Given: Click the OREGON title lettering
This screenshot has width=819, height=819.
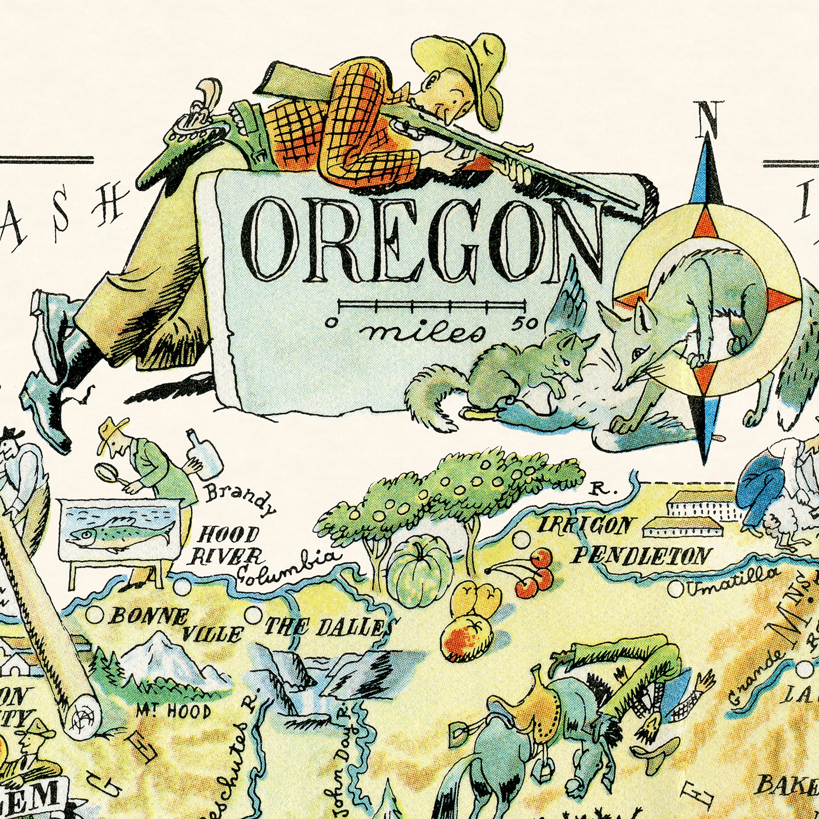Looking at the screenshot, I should (422, 242).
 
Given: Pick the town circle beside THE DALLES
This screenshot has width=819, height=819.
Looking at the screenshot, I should (253, 615).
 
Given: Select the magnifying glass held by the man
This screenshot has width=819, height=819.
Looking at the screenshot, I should (105, 473).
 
